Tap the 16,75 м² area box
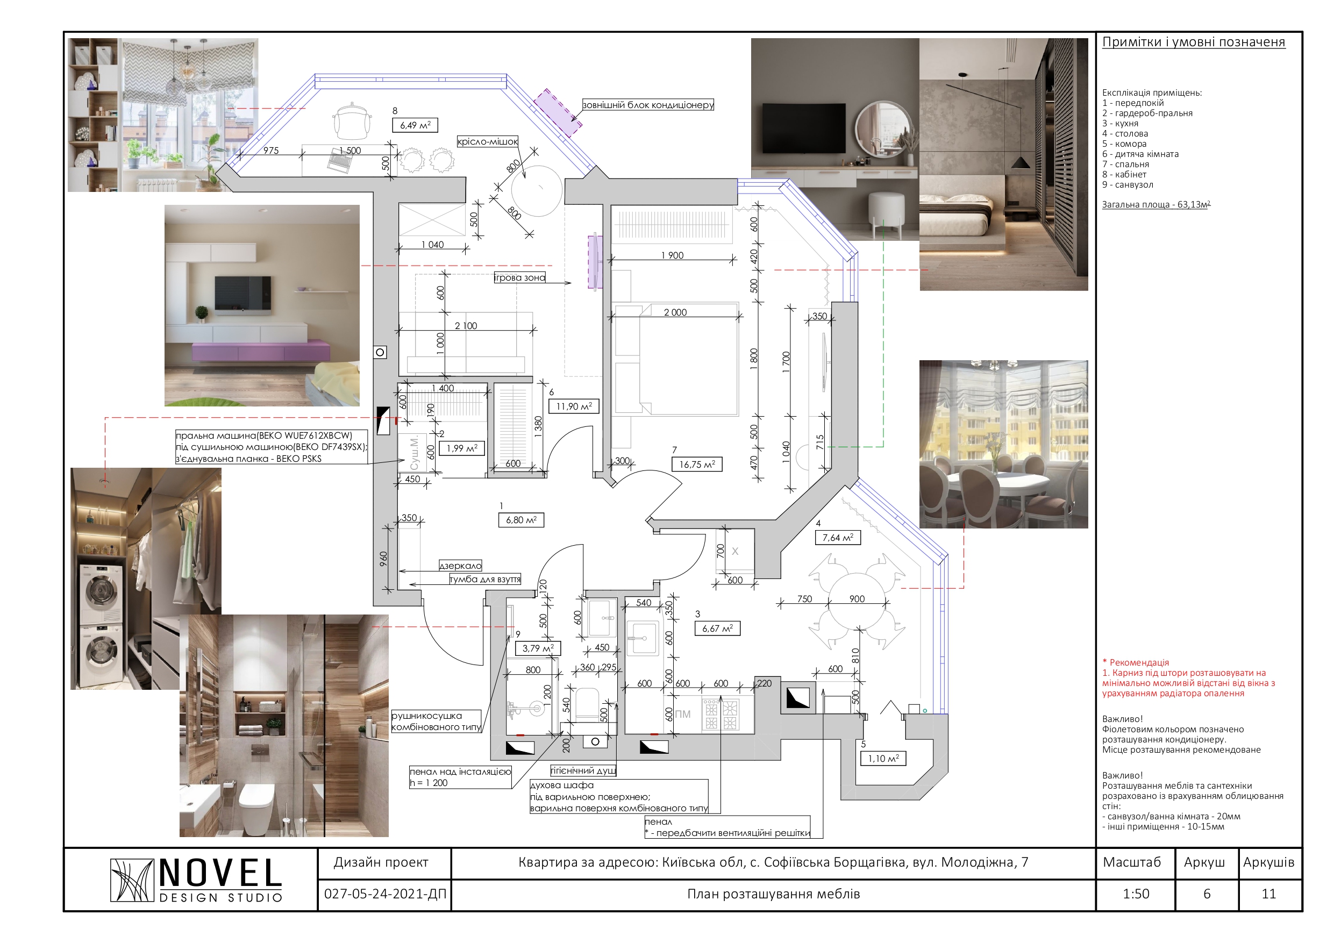coord(697,464)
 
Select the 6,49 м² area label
coord(416,125)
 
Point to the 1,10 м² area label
coord(883,758)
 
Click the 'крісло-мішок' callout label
coord(488,142)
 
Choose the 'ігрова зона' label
coord(519,278)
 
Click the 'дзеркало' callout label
coord(460,566)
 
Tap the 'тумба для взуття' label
coord(485,579)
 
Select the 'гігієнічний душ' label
coord(583,770)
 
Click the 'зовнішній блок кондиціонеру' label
coord(648,105)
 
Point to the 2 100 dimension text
coord(466,326)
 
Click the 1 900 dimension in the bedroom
coord(672,256)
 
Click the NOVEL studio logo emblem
coord(132,880)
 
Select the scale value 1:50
coord(1136,894)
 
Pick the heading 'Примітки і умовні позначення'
coord(1194,42)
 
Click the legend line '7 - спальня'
coord(1125,165)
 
